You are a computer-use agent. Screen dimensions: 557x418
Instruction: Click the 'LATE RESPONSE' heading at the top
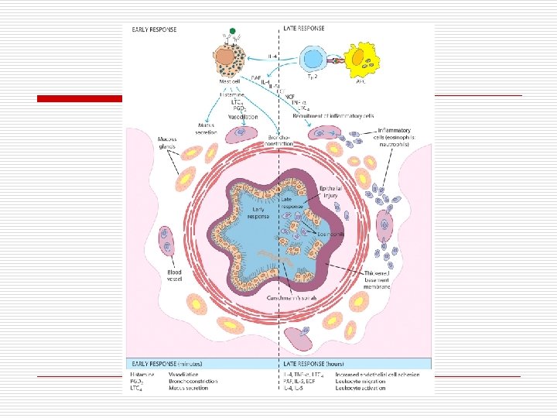(305, 29)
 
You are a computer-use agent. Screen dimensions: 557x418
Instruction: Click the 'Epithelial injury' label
(333, 192)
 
